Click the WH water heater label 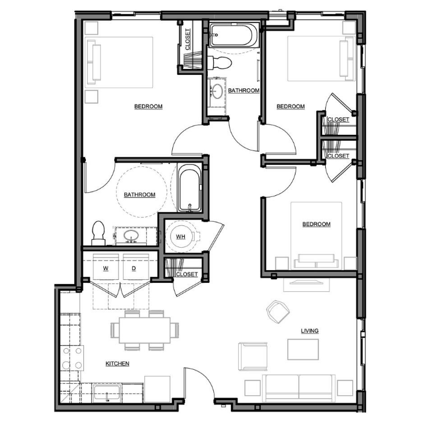181,237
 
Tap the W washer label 106,268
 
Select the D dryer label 134,268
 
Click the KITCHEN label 117,364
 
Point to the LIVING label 309,331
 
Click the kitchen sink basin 106,393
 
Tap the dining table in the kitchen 144,330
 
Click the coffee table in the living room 303,349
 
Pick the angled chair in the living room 278,312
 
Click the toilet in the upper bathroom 220,63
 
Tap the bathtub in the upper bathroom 231,35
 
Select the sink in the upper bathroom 218,92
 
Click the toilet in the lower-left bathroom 98,233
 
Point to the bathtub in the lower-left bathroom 189,188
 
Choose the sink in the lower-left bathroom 131,236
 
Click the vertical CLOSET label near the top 188,39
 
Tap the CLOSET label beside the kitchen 187,274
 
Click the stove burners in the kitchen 72,358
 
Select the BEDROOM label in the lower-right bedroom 317,224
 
